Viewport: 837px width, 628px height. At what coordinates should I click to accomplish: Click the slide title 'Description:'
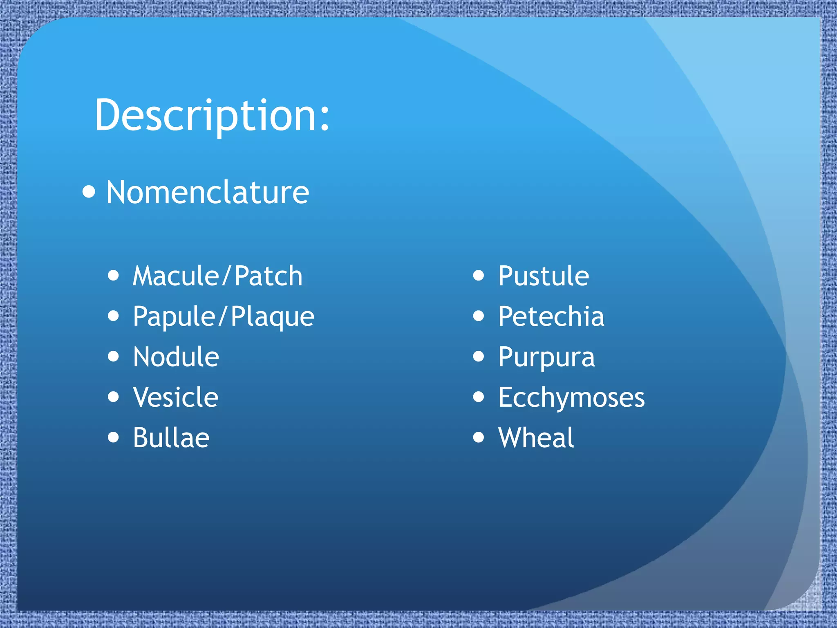212,116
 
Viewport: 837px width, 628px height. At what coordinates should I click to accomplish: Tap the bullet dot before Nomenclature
89,191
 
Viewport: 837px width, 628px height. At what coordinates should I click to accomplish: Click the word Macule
176,276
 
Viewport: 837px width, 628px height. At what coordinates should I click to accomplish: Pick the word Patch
269,276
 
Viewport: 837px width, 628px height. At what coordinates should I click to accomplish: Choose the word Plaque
273,317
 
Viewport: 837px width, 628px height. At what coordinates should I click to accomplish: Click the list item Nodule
176,357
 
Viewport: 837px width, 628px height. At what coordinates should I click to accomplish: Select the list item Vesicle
176,397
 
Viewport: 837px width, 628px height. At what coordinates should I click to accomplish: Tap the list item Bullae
171,438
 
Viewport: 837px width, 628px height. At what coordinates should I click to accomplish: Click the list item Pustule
544,276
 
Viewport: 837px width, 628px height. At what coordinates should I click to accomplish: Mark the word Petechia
551,316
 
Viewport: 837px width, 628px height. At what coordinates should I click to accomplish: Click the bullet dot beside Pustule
479,276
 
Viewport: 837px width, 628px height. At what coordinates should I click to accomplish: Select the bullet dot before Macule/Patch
114,276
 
